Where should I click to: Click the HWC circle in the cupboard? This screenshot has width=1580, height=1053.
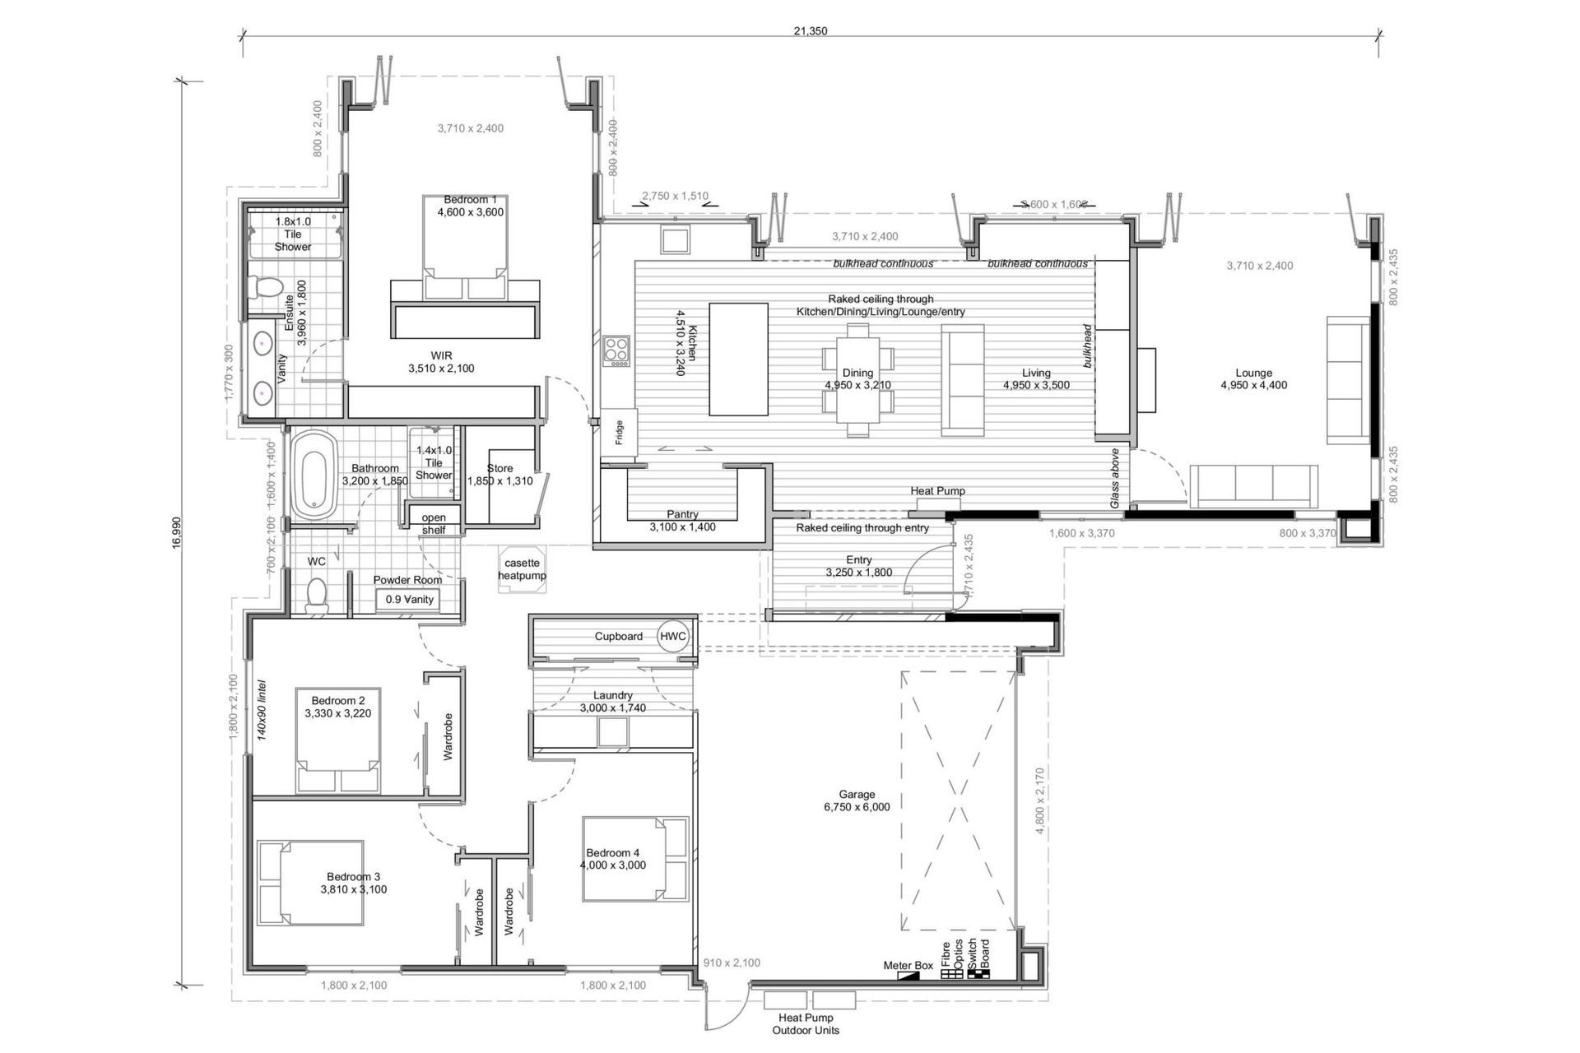pyautogui.click(x=672, y=636)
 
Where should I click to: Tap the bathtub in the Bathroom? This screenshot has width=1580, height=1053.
pyautogui.click(x=315, y=475)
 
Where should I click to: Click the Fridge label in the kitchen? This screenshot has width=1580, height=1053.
pyautogui.click(x=620, y=433)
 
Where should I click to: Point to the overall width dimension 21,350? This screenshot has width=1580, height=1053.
pyautogui.click(x=810, y=31)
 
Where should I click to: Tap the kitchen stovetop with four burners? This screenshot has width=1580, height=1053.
pyautogui.click(x=616, y=351)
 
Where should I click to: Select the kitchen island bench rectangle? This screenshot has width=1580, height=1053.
pyautogui.click(x=738, y=360)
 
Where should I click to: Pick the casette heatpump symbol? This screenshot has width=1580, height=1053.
pyautogui.click(x=522, y=568)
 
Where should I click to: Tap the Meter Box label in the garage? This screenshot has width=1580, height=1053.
pyautogui.click(x=908, y=965)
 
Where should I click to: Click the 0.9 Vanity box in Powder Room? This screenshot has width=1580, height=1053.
pyautogui.click(x=408, y=600)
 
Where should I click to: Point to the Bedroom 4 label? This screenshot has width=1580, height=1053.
pyautogui.click(x=612, y=853)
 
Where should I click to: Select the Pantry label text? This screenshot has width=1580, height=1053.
pyautogui.click(x=682, y=514)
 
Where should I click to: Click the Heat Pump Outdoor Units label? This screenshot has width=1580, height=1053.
pyautogui.click(x=805, y=1024)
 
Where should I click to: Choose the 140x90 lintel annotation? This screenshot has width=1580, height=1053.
pyautogui.click(x=262, y=709)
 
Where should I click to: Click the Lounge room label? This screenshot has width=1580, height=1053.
pyautogui.click(x=1253, y=373)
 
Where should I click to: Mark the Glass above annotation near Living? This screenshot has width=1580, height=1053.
pyautogui.click(x=1115, y=478)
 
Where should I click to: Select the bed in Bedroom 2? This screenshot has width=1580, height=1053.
pyautogui.click(x=338, y=740)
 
